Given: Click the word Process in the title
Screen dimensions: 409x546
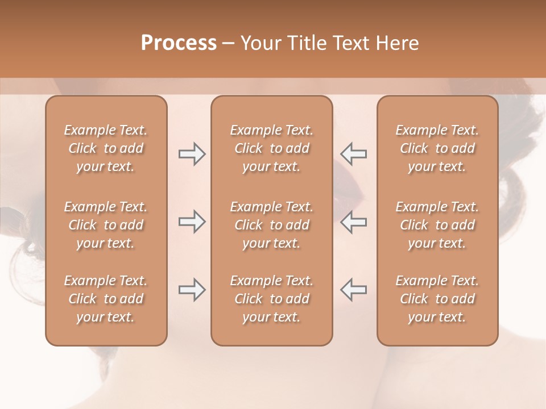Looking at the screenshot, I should point(179,43).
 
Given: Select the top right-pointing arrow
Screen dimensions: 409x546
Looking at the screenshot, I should point(192,154).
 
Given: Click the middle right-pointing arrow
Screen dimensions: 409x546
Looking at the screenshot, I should point(192,222).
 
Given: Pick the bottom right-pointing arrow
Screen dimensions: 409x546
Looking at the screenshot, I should point(192,290).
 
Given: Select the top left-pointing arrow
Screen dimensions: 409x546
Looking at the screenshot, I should point(354,154).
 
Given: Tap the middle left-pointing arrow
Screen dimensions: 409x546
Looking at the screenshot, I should point(354,222).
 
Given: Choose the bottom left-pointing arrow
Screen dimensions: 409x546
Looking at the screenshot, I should point(354,290).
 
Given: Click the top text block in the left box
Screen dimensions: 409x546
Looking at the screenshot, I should point(106,148).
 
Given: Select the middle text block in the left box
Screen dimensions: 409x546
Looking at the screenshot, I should point(106,225).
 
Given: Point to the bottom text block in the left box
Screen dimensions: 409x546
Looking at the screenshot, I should point(106,299).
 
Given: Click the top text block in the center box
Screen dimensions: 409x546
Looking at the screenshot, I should point(271,148).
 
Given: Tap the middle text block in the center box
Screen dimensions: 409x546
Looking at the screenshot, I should point(271,225).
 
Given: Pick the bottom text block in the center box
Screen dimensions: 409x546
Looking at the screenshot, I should point(271,299).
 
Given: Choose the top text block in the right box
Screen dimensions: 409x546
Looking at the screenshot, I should point(437,148).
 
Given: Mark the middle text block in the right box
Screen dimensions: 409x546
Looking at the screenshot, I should point(437,225).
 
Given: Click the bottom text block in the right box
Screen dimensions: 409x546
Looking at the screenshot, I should point(437,299).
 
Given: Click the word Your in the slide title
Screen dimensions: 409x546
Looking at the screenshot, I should point(260,43).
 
